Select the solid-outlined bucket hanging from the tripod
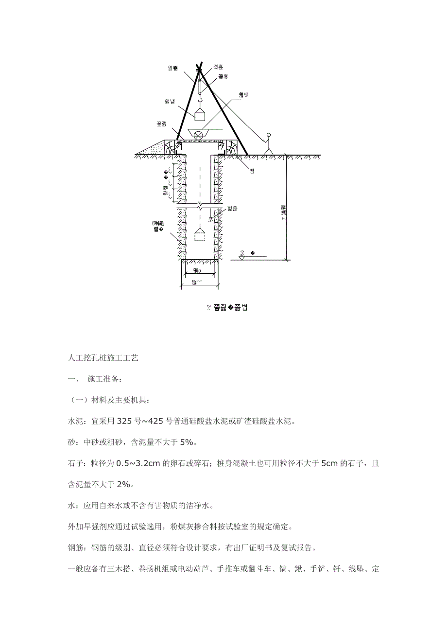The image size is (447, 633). point(199,115)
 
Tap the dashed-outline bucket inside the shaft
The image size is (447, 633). point(199,236)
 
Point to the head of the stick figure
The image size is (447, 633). point(268,135)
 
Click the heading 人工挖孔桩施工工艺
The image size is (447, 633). point(103,358)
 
